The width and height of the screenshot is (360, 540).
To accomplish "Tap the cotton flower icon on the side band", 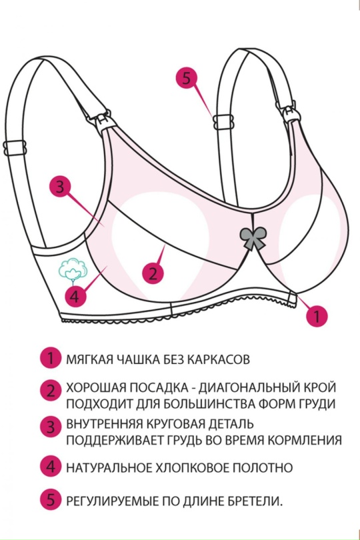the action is (x=73, y=269).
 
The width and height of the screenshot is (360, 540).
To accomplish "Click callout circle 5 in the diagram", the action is (x=187, y=77).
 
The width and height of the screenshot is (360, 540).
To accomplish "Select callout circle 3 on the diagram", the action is (x=59, y=188).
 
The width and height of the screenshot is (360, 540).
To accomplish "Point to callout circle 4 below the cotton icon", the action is (x=75, y=296).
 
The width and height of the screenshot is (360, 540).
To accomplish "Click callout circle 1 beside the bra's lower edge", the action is (x=317, y=315).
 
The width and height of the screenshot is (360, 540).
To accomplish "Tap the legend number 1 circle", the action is (x=51, y=359).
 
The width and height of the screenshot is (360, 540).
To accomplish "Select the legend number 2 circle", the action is (x=51, y=391).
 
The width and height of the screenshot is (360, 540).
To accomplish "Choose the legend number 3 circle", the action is (x=51, y=427).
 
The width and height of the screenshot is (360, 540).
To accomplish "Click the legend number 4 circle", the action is (x=51, y=467).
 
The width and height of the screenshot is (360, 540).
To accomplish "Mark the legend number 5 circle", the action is (x=51, y=501).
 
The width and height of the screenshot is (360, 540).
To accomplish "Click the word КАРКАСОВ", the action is (x=219, y=359).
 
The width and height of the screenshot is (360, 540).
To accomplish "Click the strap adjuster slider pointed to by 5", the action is (x=223, y=122).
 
